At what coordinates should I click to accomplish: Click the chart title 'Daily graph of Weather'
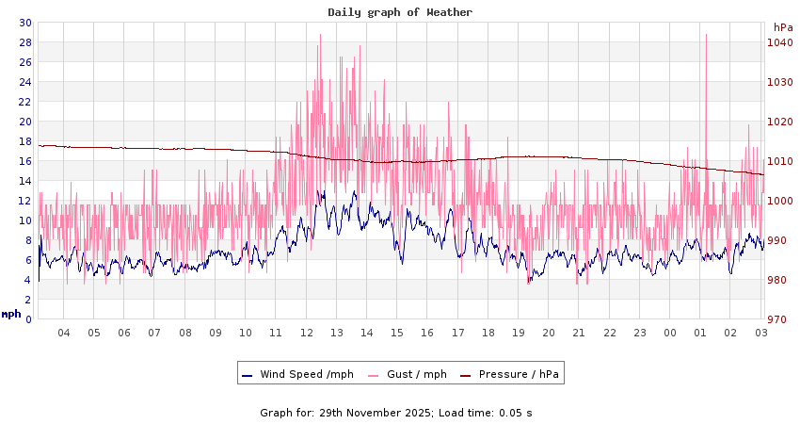click(x=400, y=12)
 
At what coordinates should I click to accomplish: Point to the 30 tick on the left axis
click(x=25, y=23)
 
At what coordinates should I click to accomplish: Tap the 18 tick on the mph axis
click(x=25, y=141)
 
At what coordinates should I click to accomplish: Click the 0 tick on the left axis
click(x=28, y=319)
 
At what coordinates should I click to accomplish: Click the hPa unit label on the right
click(x=783, y=27)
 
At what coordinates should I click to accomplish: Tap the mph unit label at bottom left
click(x=11, y=314)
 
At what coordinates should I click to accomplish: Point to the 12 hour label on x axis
click(x=307, y=333)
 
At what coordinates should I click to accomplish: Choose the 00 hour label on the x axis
click(x=670, y=333)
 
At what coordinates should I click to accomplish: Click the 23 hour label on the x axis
click(x=640, y=333)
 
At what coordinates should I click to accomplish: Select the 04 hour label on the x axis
click(x=64, y=333)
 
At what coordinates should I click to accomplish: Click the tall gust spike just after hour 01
click(x=706, y=38)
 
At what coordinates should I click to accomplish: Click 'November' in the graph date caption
click(x=386, y=413)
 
